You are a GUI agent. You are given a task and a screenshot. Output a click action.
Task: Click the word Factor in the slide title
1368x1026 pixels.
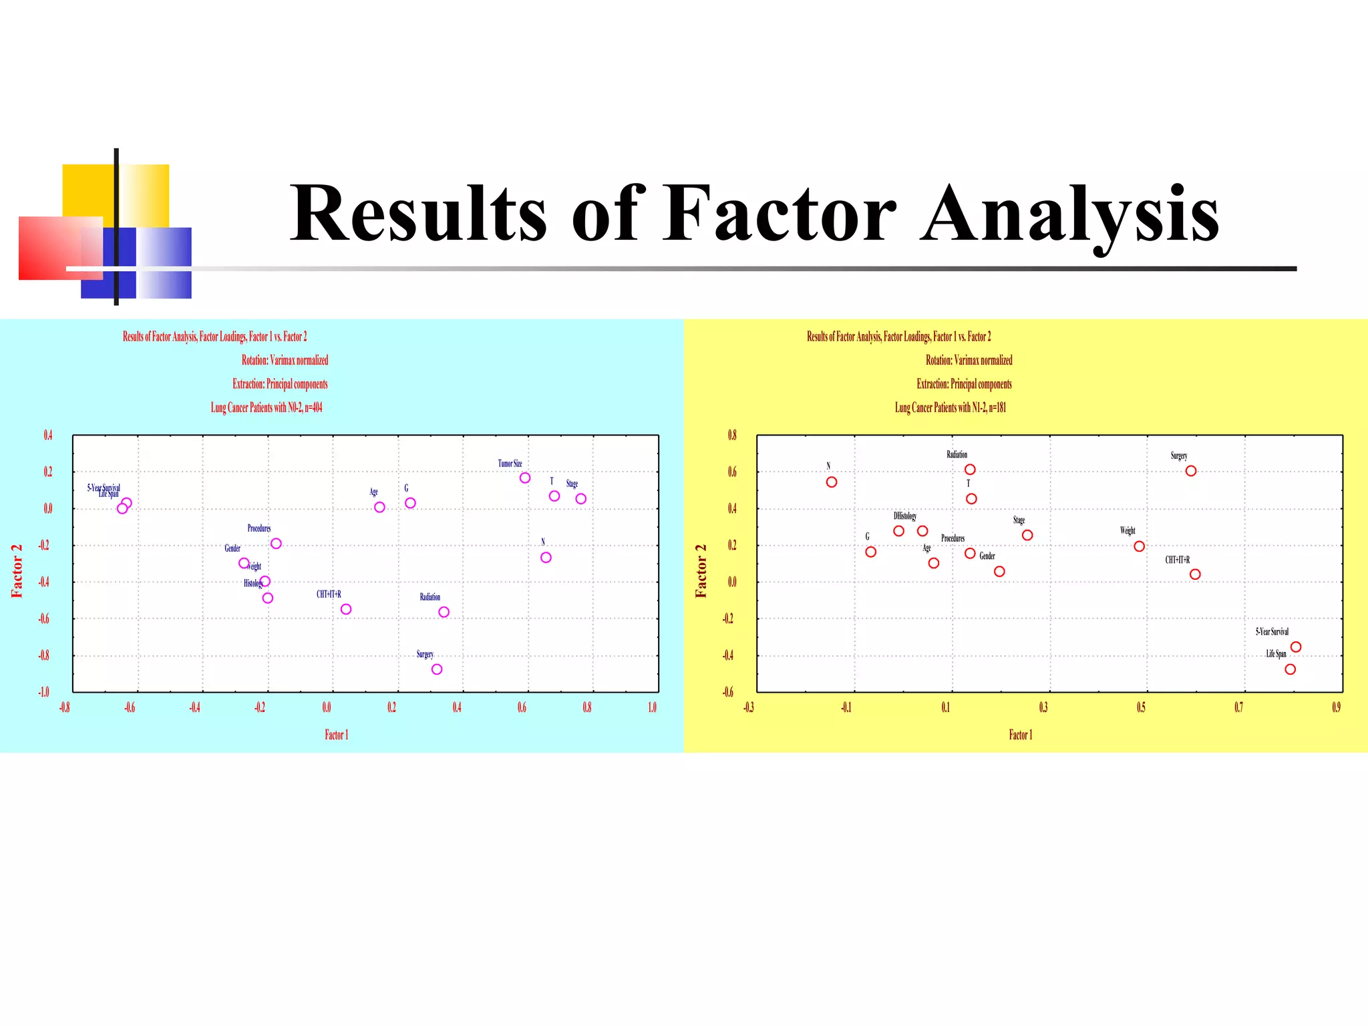[x=779, y=214]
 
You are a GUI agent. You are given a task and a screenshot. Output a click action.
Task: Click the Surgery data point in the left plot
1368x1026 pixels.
[x=437, y=669]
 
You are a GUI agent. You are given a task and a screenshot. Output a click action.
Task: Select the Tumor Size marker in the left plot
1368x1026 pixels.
[x=525, y=478]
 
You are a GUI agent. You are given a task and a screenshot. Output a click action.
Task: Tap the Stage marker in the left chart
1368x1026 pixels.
[x=581, y=499]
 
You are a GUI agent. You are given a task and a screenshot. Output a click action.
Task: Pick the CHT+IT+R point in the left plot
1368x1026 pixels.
[x=346, y=609]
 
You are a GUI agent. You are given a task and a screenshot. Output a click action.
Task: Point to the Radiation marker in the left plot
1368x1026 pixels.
[x=444, y=612]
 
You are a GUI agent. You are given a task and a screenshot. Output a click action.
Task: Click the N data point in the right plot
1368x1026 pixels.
[x=832, y=482]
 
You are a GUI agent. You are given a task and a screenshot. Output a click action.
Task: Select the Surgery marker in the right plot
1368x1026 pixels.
[x=1191, y=471]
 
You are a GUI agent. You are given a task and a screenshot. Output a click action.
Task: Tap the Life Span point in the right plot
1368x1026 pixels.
[x=1291, y=669]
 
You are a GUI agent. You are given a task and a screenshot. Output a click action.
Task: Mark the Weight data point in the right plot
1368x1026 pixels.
[x=1140, y=546]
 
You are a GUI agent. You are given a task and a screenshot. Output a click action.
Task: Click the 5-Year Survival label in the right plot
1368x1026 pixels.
[x=1272, y=632]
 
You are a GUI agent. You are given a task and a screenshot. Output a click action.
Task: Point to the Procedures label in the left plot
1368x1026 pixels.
[x=259, y=528]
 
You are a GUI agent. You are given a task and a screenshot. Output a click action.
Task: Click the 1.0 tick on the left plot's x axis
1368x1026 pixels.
[x=652, y=707]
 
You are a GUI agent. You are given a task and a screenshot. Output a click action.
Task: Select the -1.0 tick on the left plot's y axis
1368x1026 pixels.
[x=43, y=692]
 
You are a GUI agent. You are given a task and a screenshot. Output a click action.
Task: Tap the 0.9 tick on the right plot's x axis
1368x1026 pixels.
[x=1336, y=707]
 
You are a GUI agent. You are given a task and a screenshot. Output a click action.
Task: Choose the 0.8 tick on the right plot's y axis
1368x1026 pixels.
[x=732, y=436]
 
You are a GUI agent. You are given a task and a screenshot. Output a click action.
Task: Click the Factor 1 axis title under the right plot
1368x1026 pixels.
[x=1020, y=735]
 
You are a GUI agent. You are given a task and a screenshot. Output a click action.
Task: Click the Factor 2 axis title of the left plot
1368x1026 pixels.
[x=17, y=571]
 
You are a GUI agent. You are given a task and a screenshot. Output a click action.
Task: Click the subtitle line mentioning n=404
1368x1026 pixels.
[x=267, y=407]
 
